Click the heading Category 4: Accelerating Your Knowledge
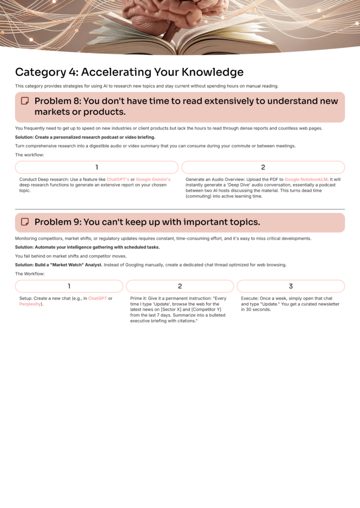[x=129, y=72]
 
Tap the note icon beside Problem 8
[x=24, y=101]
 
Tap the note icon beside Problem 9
[x=24, y=222]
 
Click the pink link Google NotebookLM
[x=306, y=179]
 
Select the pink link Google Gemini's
[x=153, y=179]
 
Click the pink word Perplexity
[x=30, y=304]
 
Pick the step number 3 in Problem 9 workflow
[x=290, y=286]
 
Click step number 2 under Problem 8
[x=263, y=167]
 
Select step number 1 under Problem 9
[x=69, y=286]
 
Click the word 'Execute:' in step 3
[x=251, y=299]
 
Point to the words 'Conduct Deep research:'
[x=43, y=179]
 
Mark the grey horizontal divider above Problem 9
[x=180, y=209]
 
